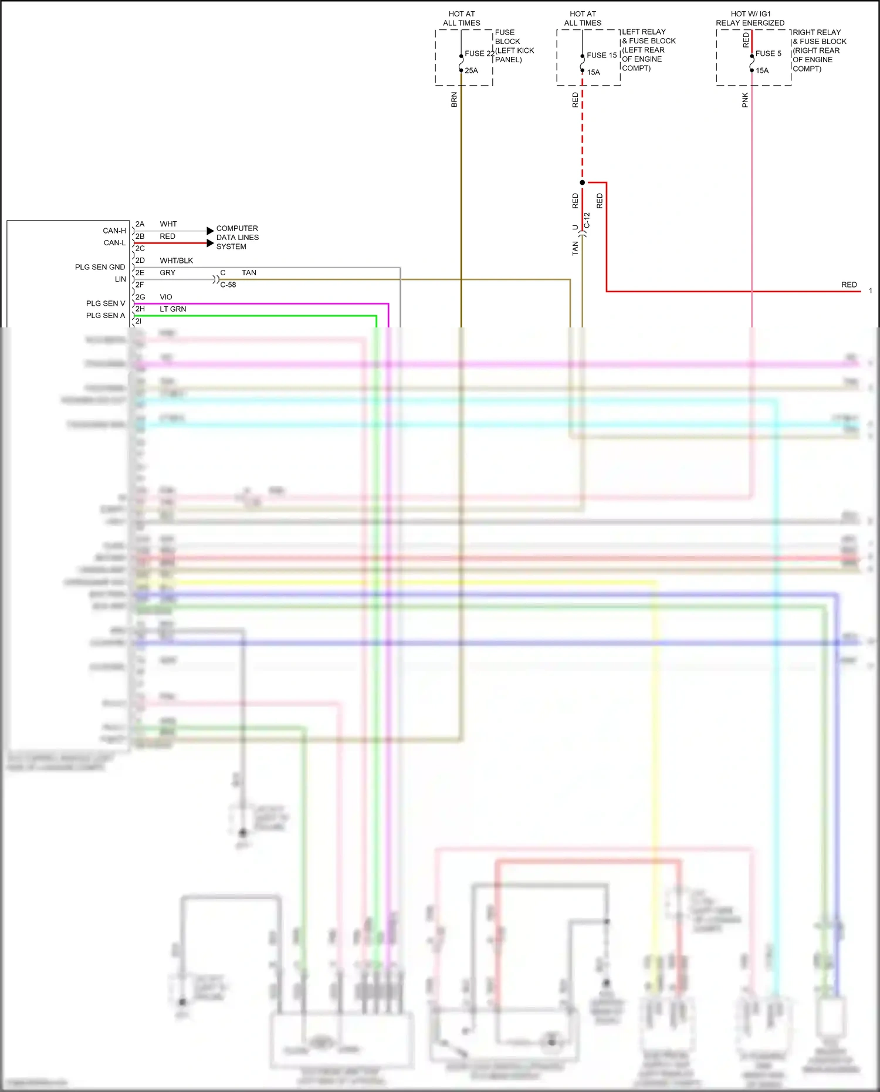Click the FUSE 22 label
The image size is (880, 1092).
pos(479,53)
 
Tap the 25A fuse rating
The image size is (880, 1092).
pos(471,70)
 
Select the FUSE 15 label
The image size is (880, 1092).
pos(601,55)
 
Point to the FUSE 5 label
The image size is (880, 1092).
pos(768,53)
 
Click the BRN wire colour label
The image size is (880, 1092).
pos(454,99)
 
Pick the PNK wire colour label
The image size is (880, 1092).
pos(745,100)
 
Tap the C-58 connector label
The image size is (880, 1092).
pos(228,285)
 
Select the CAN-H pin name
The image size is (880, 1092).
pos(114,231)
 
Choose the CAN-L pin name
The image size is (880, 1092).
pos(114,243)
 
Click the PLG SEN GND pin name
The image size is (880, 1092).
pos(100,267)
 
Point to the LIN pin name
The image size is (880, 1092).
pos(120,279)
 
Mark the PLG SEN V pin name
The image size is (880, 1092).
pos(106,303)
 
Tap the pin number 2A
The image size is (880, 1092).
pos(140,224)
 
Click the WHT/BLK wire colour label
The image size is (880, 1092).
pos(176,261)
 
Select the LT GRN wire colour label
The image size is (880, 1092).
pos(172,309)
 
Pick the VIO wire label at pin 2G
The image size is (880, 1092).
pos(166,297)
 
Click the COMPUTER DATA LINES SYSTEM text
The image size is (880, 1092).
pos(237,237)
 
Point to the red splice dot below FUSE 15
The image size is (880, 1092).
pos(582,182)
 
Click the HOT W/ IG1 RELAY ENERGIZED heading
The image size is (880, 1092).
pos(750,18)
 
